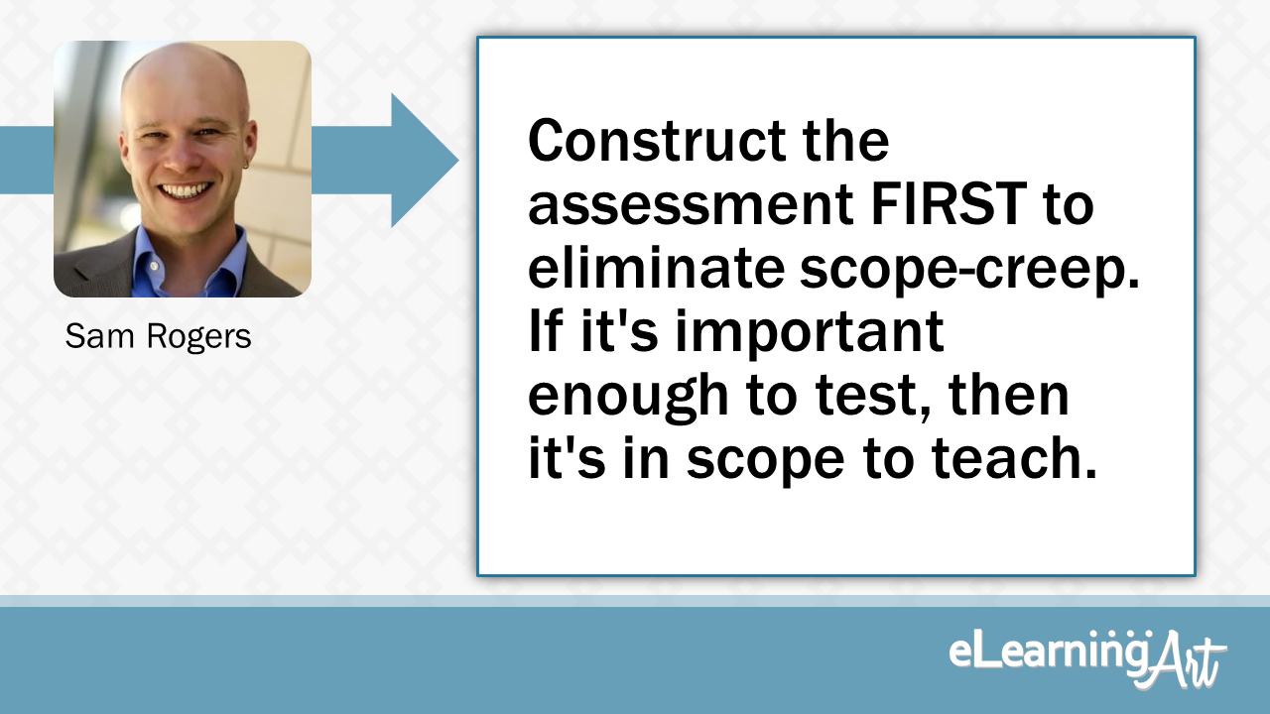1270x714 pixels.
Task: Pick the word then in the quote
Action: click(1009, 397)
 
